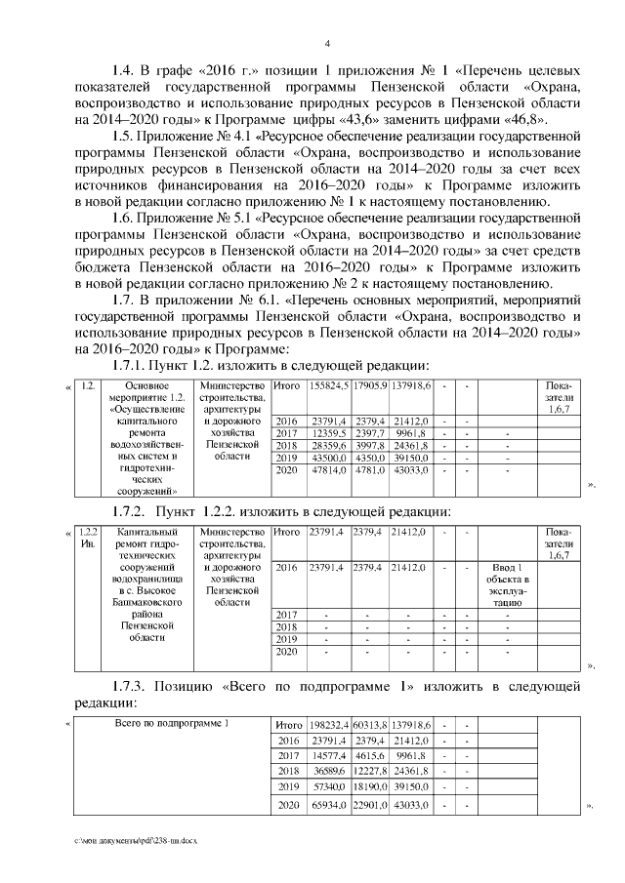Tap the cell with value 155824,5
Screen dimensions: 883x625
(328, 385)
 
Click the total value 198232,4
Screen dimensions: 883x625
(328, 725)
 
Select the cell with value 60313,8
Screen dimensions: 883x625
(370, 725)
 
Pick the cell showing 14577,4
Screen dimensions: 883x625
(328, 755)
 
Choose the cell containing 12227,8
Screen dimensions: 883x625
(370, 770)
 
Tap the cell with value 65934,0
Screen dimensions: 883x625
(328, 805)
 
